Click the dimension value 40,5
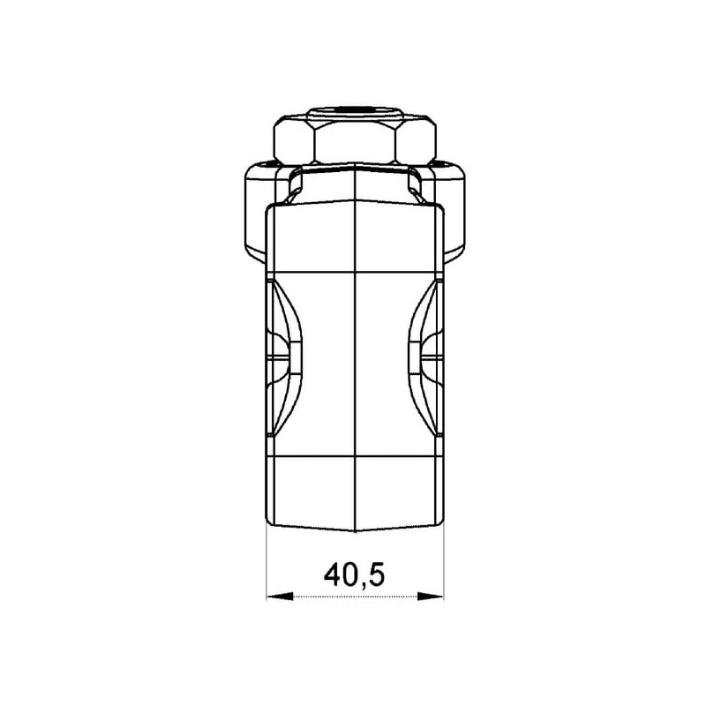point(355,575)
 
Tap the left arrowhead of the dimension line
point(280,597)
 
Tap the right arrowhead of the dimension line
point(431,597)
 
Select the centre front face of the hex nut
point(356,143)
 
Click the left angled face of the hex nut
point(294,143)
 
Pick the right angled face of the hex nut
point(416,143)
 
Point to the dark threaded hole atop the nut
point(356,109)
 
